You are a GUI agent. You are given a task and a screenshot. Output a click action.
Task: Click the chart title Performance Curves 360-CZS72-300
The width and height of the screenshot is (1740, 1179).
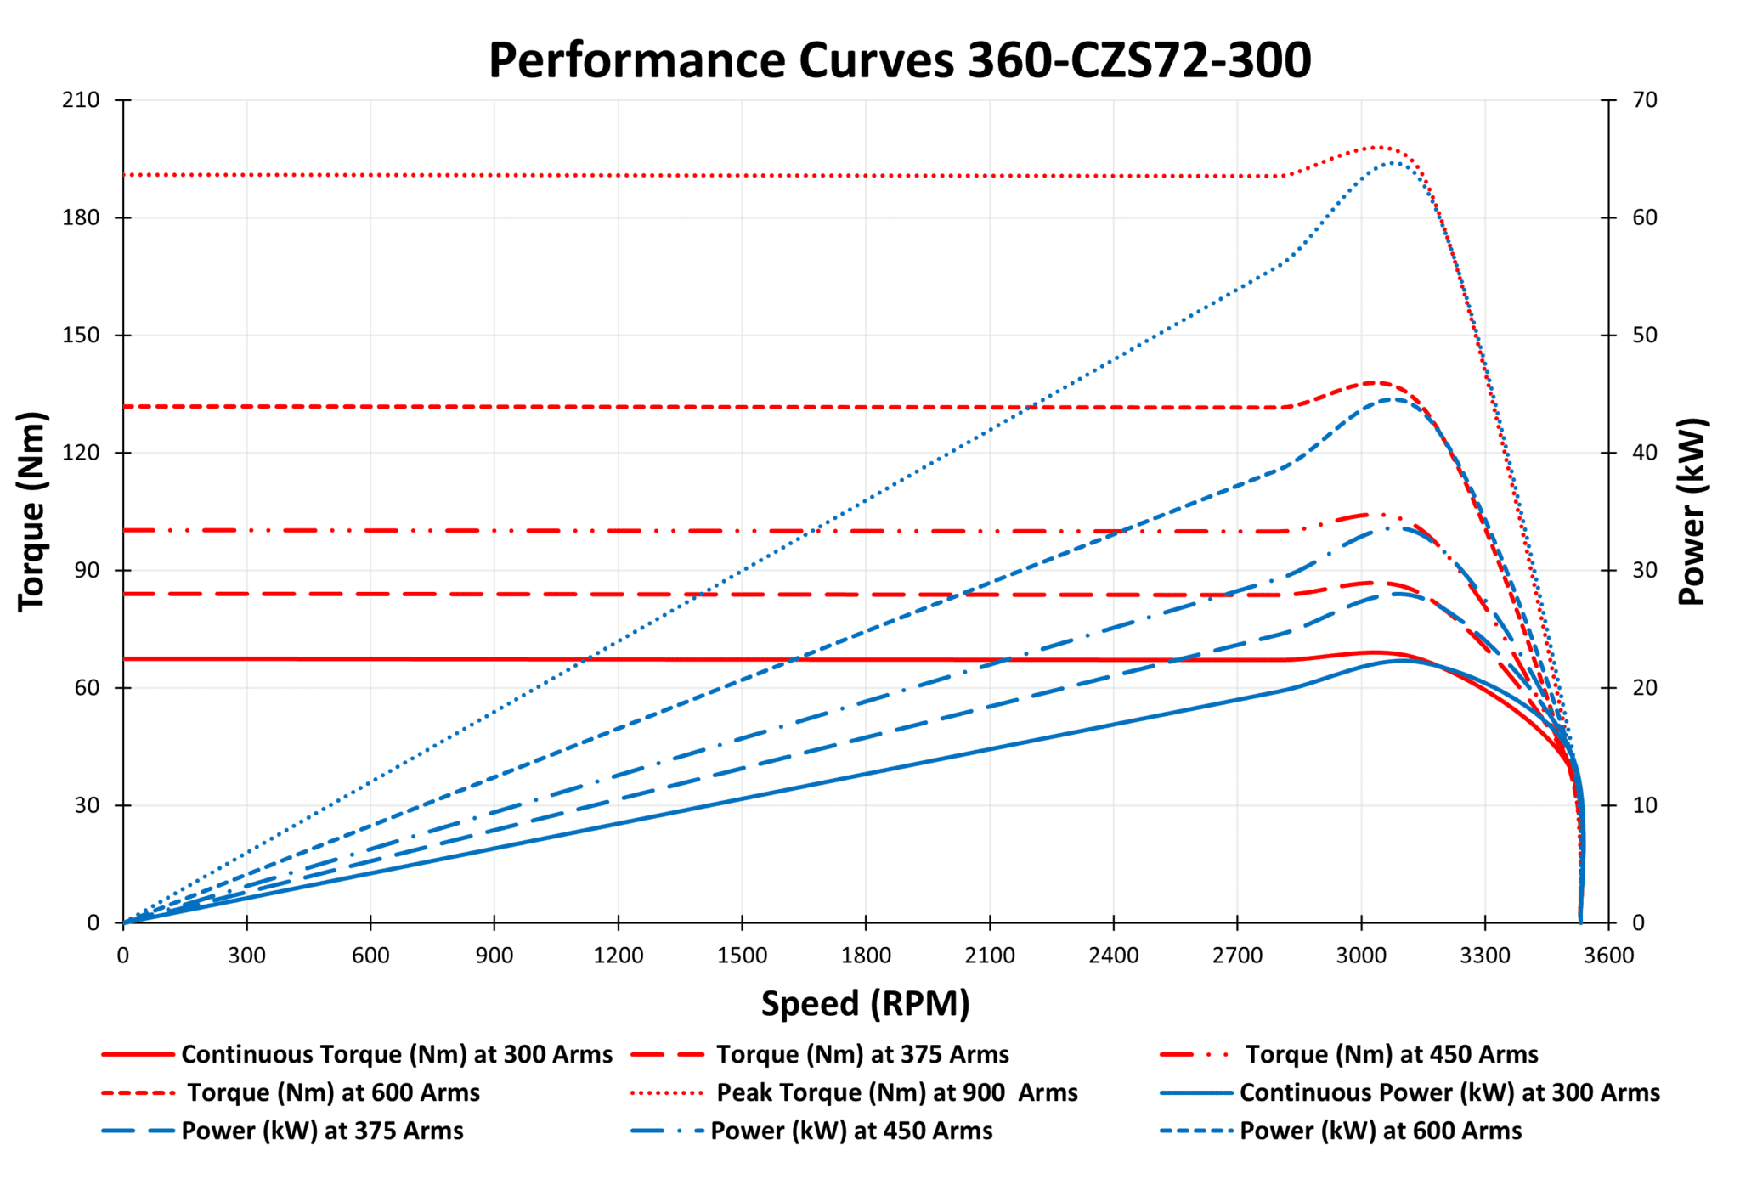coord(899,61)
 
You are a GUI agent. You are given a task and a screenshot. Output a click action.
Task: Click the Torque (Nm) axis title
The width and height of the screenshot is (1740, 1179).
coord(32,511)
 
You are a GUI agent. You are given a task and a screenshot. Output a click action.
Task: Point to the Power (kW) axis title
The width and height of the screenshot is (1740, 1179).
coord(1692,511)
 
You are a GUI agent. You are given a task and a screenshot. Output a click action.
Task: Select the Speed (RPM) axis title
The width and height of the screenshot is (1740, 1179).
coord(865,1003)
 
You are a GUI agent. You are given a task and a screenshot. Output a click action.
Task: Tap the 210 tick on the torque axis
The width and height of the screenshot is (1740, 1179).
coord(81,100)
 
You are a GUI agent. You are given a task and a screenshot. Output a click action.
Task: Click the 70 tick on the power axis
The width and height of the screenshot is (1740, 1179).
coord(1646,100)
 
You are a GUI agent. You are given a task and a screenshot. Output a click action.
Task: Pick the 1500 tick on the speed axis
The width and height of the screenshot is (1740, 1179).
coord(742,956)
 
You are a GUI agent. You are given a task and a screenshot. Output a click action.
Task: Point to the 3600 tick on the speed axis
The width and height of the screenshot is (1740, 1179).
coord(1608,956)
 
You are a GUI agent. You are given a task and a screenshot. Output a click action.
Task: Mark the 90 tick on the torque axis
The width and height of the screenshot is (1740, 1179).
coord(87,570)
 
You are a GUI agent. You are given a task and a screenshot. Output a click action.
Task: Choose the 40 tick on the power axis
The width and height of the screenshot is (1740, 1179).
coord(1646,453)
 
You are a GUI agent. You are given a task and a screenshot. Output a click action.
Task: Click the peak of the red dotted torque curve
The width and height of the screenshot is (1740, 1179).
coord(1378,147)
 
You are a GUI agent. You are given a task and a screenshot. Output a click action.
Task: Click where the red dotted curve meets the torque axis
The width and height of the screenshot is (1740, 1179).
coord(124,175)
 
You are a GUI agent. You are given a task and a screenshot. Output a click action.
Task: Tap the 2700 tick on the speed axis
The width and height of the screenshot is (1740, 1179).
coord(1237,956)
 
